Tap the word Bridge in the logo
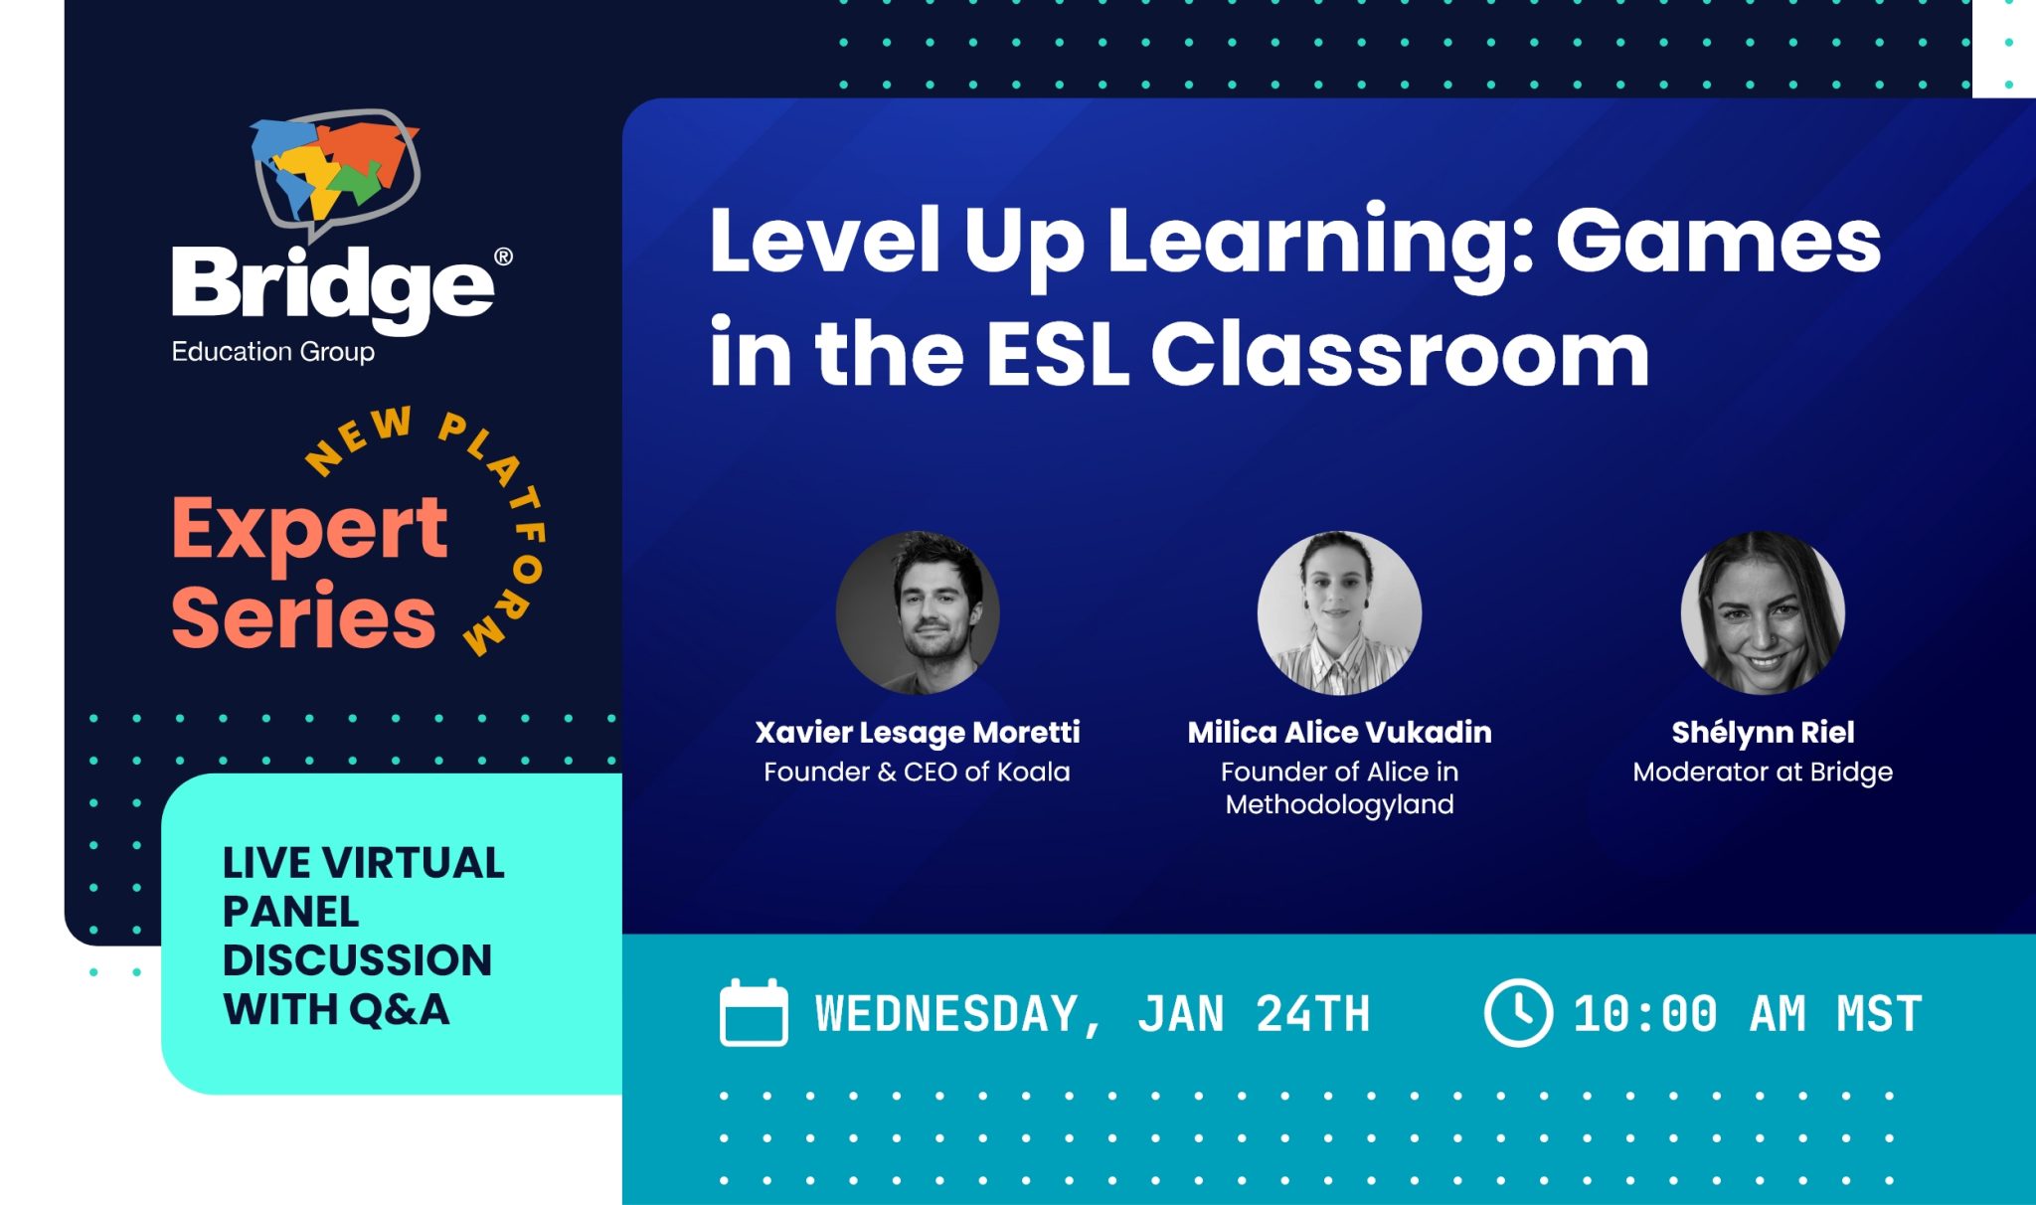pyautogui.click(x=332, y=286)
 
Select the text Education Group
pyautogui.click(x=272, y=352)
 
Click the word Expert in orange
pyautogui.click(x=309, y=530)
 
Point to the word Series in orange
pyautogui.click(x=303, y=617)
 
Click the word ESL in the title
pyautogui.click(x=1057, y=354)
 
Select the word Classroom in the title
pyautogui.click(x=1400, y=354)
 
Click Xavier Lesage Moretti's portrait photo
pyautogui.click(x=918, y=612)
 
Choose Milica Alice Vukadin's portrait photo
pyautogui.click(x=1339, y=612)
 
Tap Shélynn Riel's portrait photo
pyautogui.click(x=1763, y=612)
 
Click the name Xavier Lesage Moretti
pyautogui.click(x=918, y=733)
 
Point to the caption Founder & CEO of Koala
pyautogui.click(x=917, y=773)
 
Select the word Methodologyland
pyautogui.click(x=1339, y=804)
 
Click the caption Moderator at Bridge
pyautogui.click(x=1763, y=773)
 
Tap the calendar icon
pyautogui.click(x=754, y=1013)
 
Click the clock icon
pyautogui.click(x=1518, y=1013)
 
